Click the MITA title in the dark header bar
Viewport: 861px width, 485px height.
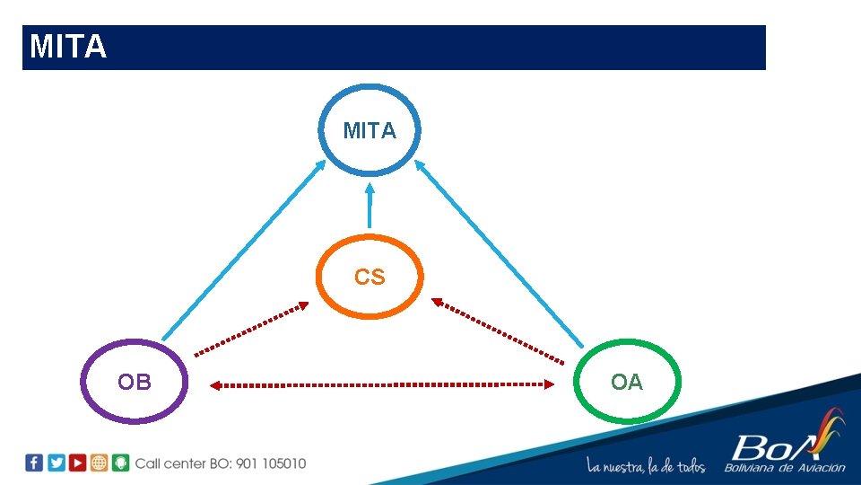pos(68,47)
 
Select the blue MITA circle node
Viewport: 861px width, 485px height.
pos(369,130)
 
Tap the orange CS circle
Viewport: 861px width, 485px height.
pos(369,277)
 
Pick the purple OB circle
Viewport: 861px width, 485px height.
pos(135,382)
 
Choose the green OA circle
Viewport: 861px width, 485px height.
pos(627,382)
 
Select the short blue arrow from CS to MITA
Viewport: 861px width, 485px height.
pos(369,207)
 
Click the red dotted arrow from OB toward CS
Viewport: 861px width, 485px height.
pos(252,329)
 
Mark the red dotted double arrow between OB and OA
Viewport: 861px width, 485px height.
pos(382,384)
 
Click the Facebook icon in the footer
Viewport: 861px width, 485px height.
pos(34,463)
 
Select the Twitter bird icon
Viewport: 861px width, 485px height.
pos(57,463)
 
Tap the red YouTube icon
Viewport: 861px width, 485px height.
pos(78,463)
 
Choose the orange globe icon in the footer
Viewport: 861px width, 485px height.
pos(99,463)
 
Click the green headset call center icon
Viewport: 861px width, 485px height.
pos(120,463)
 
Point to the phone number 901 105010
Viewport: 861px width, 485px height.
pos(271,463)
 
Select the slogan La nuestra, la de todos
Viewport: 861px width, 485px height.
pos(646,466)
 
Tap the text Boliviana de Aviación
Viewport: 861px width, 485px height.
pos(785,467)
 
